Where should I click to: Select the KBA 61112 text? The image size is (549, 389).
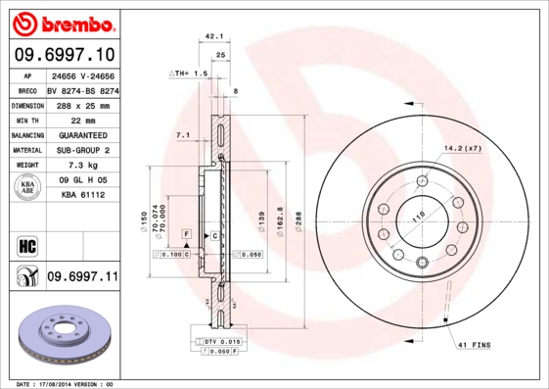(82, 196)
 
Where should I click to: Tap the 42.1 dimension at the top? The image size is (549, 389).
(210, 36)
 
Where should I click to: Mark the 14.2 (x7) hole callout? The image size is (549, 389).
(463, 148)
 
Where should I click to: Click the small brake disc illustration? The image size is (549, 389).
(65, 336)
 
